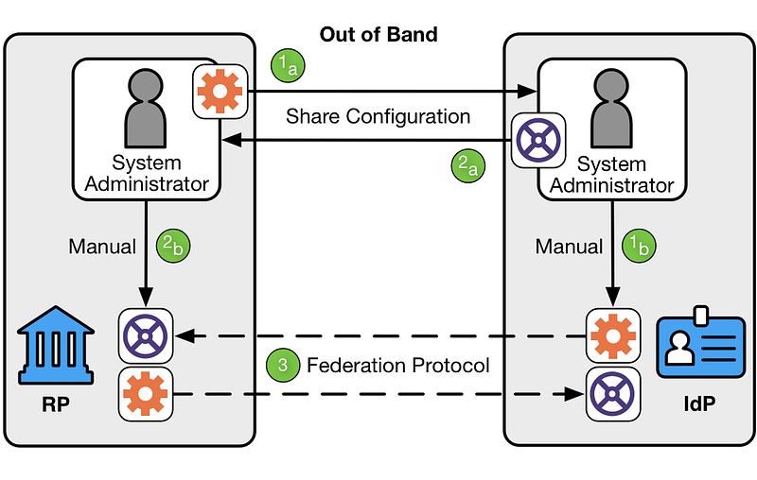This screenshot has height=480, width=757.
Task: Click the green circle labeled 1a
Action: (x=288, y=65)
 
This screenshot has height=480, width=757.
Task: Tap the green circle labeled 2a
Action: (x=467, y=165)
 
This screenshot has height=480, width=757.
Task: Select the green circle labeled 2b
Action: (x=173, y=246)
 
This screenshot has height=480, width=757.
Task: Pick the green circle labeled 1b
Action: (x=639, y=246)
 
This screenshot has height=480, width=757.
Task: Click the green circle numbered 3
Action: (x=283, y=365)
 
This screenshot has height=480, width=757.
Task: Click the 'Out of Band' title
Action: (x=378, y=35)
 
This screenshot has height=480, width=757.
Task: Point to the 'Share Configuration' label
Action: (x=378, y=116)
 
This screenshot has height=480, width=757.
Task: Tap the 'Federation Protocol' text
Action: (x=398, y=366)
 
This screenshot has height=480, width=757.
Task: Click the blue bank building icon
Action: (x=56, y=345)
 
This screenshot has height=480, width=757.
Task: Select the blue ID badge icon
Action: (x=700, y=342)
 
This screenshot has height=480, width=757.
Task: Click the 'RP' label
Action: (x=56, y=404)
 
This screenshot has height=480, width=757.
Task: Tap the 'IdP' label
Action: (x=699, y=403)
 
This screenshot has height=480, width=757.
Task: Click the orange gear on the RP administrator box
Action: (x=220, y=92)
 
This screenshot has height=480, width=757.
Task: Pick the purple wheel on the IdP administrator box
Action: (x=538, y=141)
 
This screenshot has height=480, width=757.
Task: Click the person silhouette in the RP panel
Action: (x=146, y=109)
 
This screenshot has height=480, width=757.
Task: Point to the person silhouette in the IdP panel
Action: (x=611, y=109)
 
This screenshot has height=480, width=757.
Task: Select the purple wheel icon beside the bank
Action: (x=146, y=335)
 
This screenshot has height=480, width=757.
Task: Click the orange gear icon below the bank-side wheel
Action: (x=146, y=394)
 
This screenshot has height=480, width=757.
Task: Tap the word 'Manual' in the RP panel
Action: (x=102, y=247)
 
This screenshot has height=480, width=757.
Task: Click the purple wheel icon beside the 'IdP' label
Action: (x=613, y=394)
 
